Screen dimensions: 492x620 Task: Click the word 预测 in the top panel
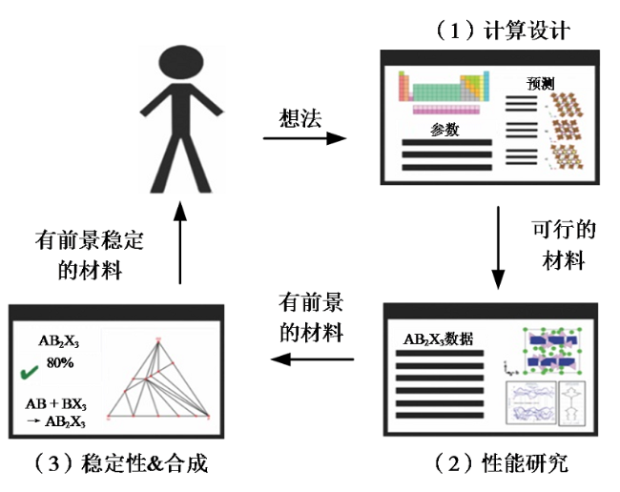(540, 84)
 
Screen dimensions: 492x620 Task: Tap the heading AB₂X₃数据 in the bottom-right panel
(440, 338)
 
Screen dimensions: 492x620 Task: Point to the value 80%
(61, 363)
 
